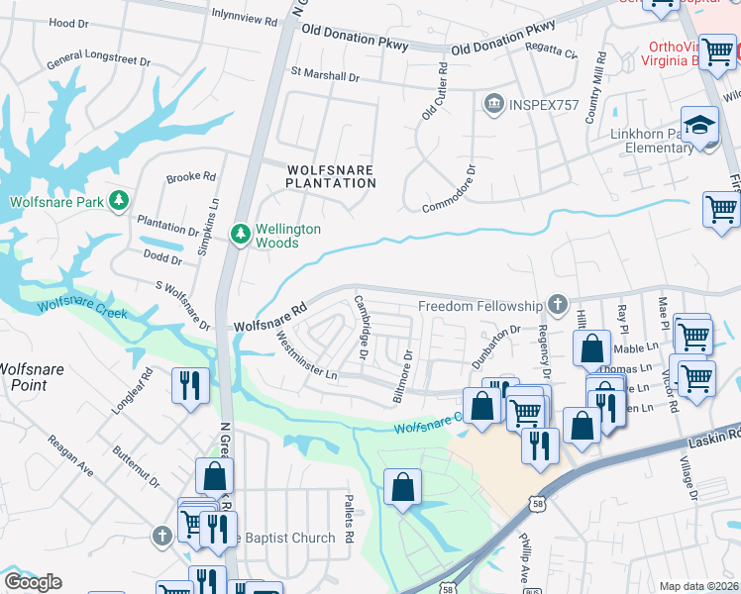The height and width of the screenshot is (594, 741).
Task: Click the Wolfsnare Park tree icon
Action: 119,202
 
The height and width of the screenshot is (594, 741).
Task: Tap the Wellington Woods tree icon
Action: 240,235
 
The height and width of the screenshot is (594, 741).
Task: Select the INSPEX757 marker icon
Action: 493,104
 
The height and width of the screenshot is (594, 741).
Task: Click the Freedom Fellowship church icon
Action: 558,306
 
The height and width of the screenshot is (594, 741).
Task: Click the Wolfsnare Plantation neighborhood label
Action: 331,176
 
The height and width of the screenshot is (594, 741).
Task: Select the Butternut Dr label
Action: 136,476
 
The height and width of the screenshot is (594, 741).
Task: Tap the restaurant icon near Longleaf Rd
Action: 188,386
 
